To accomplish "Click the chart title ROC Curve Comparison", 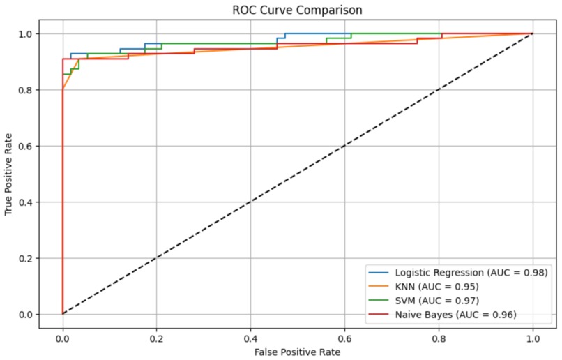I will click(298, 10).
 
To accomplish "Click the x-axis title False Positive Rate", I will click(298, 352).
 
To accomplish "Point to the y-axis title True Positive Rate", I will click(9, 174).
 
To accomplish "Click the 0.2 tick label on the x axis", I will click(156, 338).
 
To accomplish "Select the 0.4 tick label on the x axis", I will click(250, 338).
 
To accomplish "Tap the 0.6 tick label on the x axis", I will click(344, 338).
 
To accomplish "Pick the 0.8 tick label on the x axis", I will click(439, 338).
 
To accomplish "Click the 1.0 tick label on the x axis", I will click(533, 338).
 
